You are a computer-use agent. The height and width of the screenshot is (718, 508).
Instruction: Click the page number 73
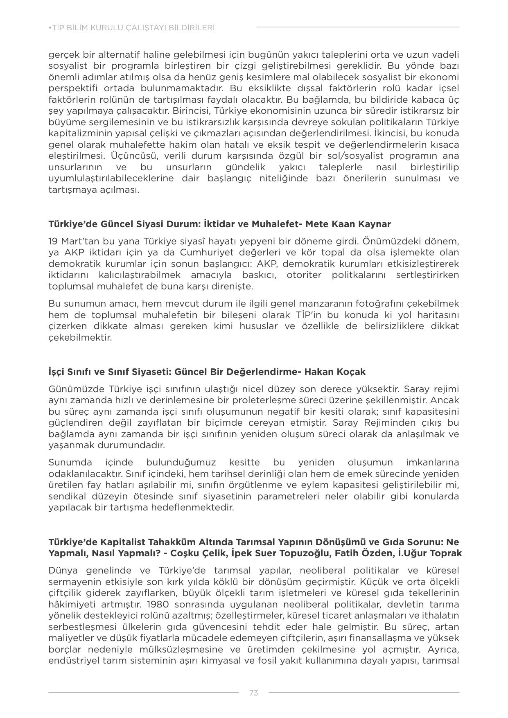coord(253,693)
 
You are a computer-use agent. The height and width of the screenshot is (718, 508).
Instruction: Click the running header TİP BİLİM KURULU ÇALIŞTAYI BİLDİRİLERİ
coord(132,28)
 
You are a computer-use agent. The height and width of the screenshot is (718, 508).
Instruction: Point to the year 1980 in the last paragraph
coord(157,604)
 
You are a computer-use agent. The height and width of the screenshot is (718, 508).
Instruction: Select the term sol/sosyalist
coord(358,156)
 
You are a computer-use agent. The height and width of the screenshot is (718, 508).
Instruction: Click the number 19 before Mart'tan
coord(53,241)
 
